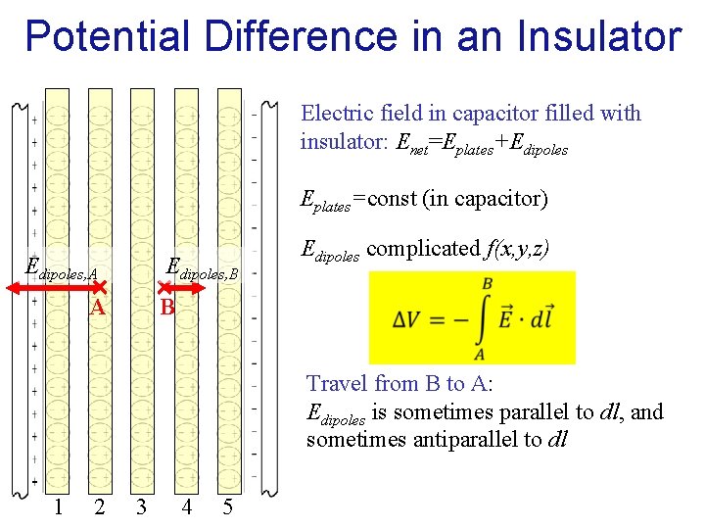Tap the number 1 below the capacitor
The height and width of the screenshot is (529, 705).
click(59, 506)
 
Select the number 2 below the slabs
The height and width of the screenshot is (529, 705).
click(99, 506)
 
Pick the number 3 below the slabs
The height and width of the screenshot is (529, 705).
click(142, 506)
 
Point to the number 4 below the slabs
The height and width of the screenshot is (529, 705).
click(186, 506)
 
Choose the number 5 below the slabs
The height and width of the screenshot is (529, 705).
click(227, 506)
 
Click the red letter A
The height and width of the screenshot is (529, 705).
click(97, 308)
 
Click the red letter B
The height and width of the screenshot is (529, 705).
click(167, 308)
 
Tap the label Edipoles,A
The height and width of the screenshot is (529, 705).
click(61, 268)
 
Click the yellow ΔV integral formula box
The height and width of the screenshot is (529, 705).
click(472, 317)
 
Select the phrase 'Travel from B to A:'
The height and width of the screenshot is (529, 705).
click(399, 383)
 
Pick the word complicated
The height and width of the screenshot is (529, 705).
click(424, 249)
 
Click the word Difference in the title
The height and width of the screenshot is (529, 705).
click(283, 35)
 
